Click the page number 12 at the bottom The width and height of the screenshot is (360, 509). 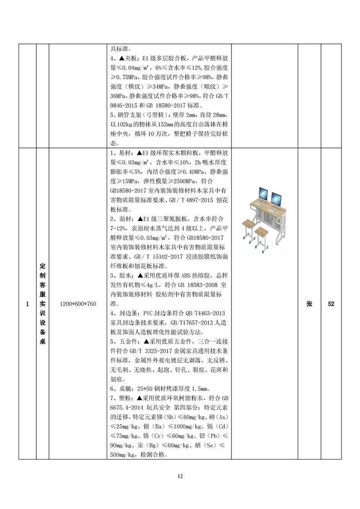coord(180,476)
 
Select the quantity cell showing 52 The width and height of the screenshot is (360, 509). coord(331,304)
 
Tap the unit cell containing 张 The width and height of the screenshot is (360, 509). coord(309,304)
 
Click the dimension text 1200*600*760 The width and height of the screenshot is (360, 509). coord(78,304)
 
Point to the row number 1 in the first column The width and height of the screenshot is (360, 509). coord(27,304)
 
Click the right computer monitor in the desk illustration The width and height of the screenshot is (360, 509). coord(276,198)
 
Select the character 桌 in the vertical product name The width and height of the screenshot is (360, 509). coord(42,342)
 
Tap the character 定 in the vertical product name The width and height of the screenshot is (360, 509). coord(42,266)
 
